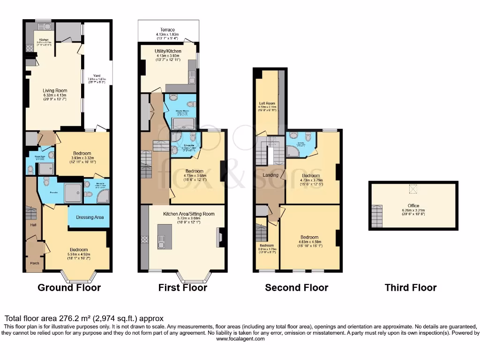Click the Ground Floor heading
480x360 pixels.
click(x=69, y=287)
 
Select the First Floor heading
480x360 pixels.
click(x=182, y=287)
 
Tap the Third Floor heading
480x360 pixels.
click(x=410, y=287)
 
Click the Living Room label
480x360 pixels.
click(x=55, y=91)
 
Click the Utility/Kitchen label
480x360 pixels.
click(x=168, y=51)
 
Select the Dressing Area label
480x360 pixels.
click(x=89, y=217)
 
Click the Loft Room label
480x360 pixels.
click(x=267, y=103)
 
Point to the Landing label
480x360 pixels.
click(x=270, y=175)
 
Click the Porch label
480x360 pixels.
click(x=34, y=263)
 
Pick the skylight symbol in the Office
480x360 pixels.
click(x=413, y=189)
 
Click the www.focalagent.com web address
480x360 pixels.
click(x=240, y=338)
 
